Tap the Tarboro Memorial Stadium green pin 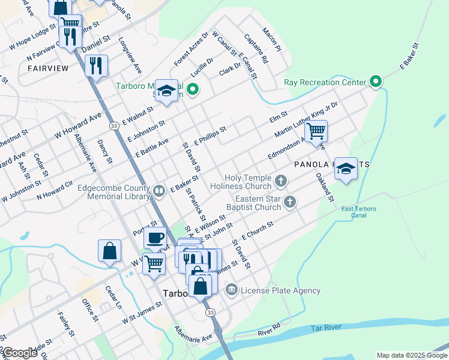[192, 91]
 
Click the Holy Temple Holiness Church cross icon [281, 180]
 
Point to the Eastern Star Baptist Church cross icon [289, 202]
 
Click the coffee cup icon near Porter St [155, 238]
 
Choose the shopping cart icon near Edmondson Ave [316, 131]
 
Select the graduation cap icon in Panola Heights [346, 169]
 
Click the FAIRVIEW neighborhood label [48, 68]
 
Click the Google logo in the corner [20, 353]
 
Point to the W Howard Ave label [78, 127]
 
